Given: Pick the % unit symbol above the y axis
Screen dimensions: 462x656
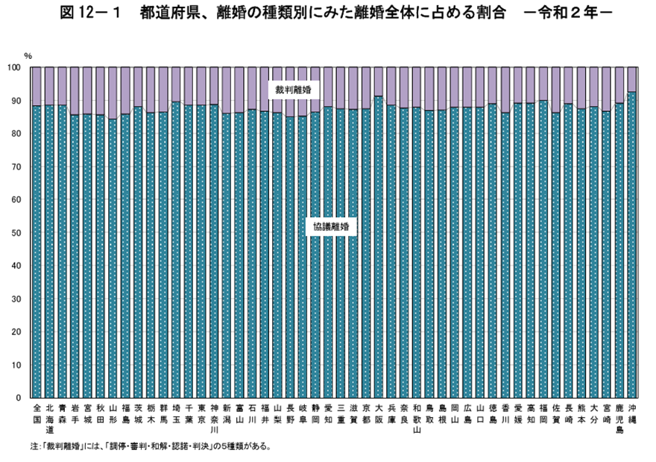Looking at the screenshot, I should click(28, 56).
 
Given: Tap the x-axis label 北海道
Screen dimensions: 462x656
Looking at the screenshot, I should click(49, 419).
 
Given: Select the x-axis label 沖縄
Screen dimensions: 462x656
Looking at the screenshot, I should click(632, 413).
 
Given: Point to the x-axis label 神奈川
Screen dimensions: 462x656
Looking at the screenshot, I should click(214, 419).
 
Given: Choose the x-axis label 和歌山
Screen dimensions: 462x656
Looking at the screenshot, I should click(417, 419).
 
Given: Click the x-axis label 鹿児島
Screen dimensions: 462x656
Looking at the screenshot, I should click(619, 419).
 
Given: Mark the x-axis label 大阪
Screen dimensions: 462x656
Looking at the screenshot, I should click(379, 413).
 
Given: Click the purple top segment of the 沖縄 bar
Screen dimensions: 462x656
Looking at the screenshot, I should click(632, 79).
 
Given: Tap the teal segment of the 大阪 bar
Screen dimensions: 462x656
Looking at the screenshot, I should click(379, 246).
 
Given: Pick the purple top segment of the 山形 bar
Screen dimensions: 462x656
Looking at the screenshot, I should click(113, 93).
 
